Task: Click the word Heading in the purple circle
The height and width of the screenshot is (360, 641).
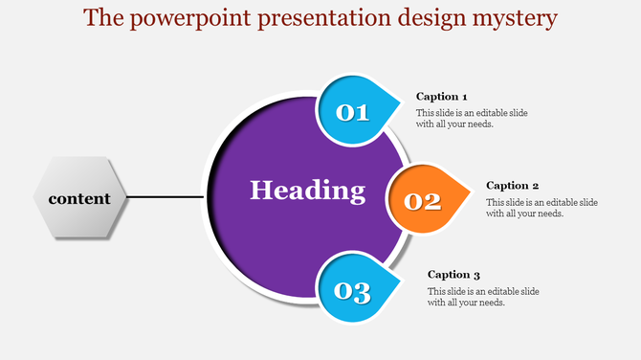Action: pyautogui.click(x=307, y=191)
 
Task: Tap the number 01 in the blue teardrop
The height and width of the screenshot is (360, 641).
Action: pyautogui.click(x=352, y=113)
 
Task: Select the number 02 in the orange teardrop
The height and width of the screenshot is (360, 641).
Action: pyautogui.click(x=423, y=202)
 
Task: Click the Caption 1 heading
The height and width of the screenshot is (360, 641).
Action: pyautogui.click(x=442, y=97)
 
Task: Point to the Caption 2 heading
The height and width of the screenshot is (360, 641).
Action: pyautogui.click(x=513, y=186)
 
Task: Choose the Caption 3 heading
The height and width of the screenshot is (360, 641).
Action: pyautogui.click(x=454, y=275)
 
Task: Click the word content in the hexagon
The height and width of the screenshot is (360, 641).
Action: pyautogui.click(x=79, y=199)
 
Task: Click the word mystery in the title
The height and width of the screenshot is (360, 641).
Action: pyautogui.click(x=513, y=18)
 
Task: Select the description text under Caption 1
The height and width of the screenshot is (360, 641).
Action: pyautogui.click(x=472, y=119)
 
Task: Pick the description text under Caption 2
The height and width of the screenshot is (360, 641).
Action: pyautogui.click(x=542, y=208)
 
